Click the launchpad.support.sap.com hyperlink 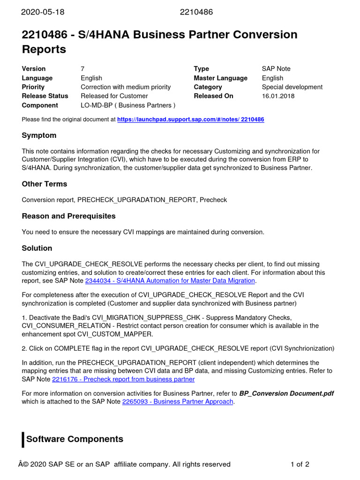point(190,120)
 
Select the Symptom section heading point(39,135)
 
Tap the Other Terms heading point(45,184)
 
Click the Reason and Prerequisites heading point(68,216)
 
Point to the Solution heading point(37,248)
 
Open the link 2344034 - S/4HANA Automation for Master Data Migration point(170,281)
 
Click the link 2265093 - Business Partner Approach point(178,402)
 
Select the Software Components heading point(75,439)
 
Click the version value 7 point(82,69)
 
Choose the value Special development point(292,87)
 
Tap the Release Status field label point(45,96)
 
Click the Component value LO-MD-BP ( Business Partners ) point(128,105)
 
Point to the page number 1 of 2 point(300,465)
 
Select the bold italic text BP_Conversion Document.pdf point(286,393)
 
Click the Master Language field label point(220,78)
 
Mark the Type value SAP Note point(276,69)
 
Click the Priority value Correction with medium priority point(126,87)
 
